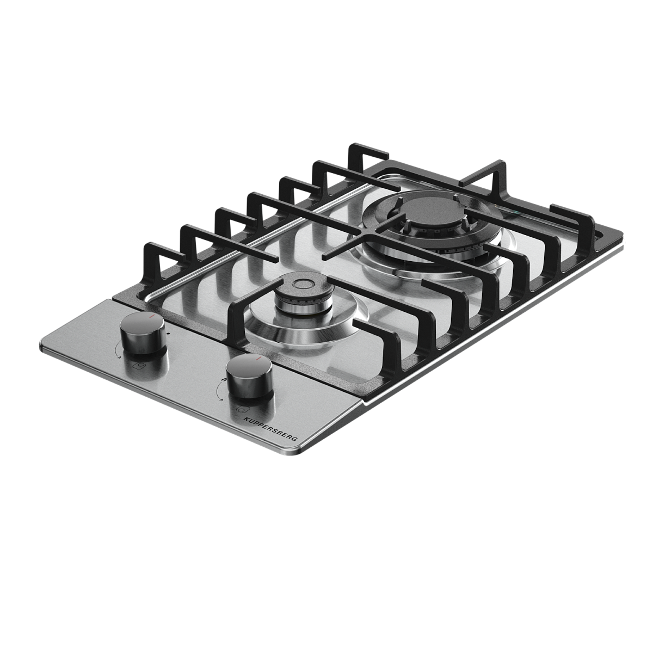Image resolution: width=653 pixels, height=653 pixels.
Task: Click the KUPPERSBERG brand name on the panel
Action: coord(271,429)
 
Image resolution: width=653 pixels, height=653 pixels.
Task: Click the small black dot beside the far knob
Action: coord(168,332)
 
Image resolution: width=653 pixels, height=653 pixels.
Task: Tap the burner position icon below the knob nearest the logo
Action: coord(241,409)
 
